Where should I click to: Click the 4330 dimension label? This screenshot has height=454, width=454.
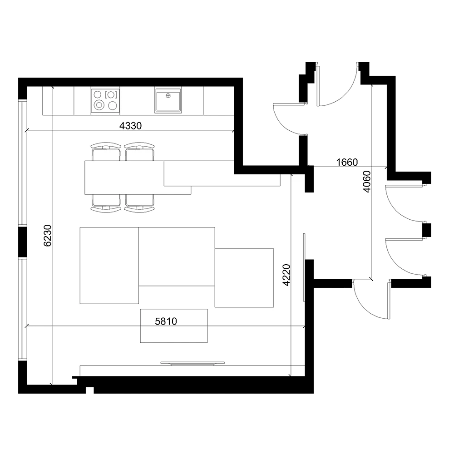131,126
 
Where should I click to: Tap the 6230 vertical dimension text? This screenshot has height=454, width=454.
48,236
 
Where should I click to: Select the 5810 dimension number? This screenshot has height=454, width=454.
166,321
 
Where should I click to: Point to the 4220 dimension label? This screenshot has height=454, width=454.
286,275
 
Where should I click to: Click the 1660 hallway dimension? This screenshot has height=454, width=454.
347,162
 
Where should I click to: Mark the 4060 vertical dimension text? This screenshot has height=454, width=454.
366,182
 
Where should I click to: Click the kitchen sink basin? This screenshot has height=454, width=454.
168,100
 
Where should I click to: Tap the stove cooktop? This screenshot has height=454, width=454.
105,100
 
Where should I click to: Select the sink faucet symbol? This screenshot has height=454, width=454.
168,95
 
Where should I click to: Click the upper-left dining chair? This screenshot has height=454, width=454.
106,152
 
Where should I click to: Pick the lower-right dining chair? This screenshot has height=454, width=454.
139,204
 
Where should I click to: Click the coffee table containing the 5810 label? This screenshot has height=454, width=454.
174,326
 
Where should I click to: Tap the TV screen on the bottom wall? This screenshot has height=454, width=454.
192,363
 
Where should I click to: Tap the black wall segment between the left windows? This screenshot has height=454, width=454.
22,242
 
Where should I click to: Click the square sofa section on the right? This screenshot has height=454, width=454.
244,278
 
